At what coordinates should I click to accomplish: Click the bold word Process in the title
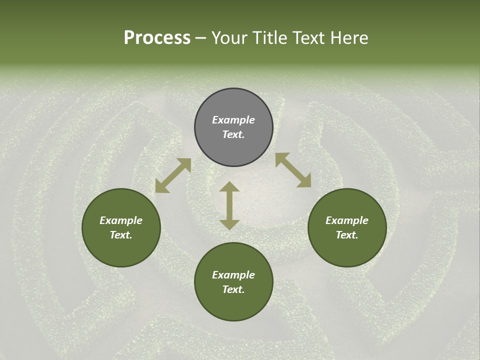pos(157,38)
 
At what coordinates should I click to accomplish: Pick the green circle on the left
pos(121,227)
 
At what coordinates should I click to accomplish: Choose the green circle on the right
pos(347,227)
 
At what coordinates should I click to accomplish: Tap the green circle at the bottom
pos(233,281)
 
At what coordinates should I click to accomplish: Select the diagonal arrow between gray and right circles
pos(293,170)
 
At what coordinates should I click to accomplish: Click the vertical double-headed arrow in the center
pos(229,205)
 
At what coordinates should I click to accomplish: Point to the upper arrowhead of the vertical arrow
pos(229,186)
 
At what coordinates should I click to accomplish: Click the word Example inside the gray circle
pos(233,120)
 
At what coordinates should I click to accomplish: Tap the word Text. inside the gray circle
pos(233,135)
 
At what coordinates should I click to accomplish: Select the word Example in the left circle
pos(121,220)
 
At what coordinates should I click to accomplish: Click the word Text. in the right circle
pos(347,235)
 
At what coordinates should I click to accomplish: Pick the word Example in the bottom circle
pos(233,275)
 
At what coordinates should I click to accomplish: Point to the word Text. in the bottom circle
pos(233,289)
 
